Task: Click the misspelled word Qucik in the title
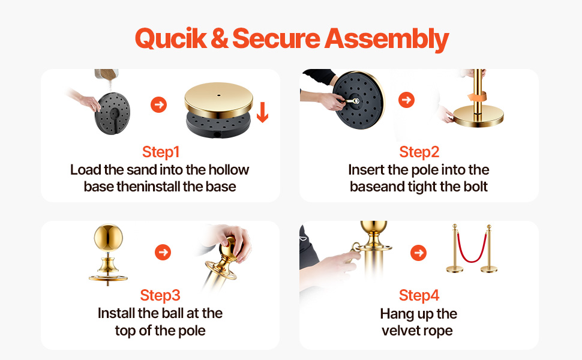pyautogui.click(x=170, y=39)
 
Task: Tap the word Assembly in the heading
pyautogui.click(x=386, y=39)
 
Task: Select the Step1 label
pyautogui.click(x=161, y=152)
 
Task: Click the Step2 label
pyautogui.click(x=419, y=152)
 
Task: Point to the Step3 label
pyautogui.click(x=160, y=295)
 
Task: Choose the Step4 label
pyautogui.click(x=419, y=295)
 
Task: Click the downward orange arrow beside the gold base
pyautogui.click(x=262, y=112)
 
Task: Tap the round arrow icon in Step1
pyautogui.click(x=158, y=104)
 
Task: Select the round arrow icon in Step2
pyautogui.click(x=406, y=100)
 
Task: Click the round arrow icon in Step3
pyautogui.click(x=163, y=253)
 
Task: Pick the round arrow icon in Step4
pyautogui.click(x=419, y=253)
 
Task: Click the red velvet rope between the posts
pyautogui.click(x=472, y=259)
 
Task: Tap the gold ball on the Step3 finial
pyautogui.click(x=109, y=238)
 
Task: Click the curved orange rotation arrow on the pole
pyautogui.click(x=477, y=97)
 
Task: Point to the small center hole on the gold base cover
pyautogui.click(x=218, y=95)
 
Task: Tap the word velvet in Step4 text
pyautogui.click(x=400, y=331)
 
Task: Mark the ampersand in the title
pyautogui.click(x=220, y=39)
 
